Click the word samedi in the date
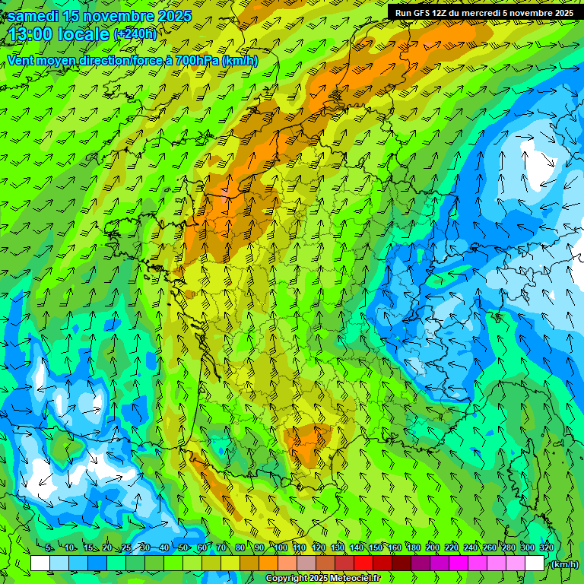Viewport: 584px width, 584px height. (x=34, y=17)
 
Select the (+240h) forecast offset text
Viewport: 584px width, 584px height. (x=135, y=33)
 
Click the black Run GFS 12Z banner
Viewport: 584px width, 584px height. (x=484, y=12)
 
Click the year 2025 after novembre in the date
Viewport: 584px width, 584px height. (x=170, y=17)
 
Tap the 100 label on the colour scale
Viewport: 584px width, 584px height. (x=281, y=548)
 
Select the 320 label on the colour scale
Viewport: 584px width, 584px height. (x=546, y=548)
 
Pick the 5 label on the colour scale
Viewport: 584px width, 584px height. (x=49, y=548)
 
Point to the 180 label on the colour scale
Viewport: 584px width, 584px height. (x=414, y=548)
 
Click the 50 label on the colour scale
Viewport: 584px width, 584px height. (x=183, y=548)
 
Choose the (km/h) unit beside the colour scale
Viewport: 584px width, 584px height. (x=563, y=564)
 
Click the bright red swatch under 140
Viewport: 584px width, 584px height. (x=363, y=563)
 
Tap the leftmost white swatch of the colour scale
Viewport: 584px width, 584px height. (x=40, y=563)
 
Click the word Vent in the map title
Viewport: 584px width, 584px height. (x=22, y=61)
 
